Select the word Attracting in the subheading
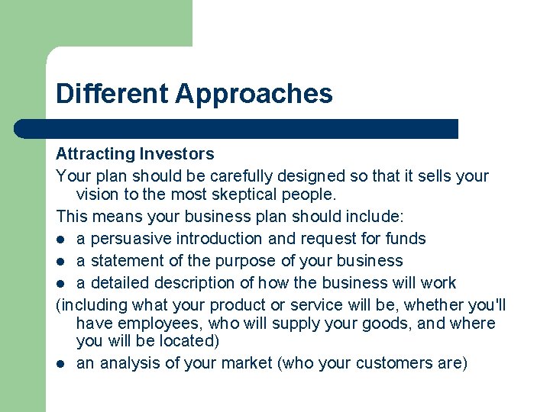tap(95, 155)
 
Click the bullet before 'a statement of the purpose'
tap(61, 262)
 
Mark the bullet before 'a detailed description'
tap(61, 283)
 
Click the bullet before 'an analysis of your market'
tap(61, 364)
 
